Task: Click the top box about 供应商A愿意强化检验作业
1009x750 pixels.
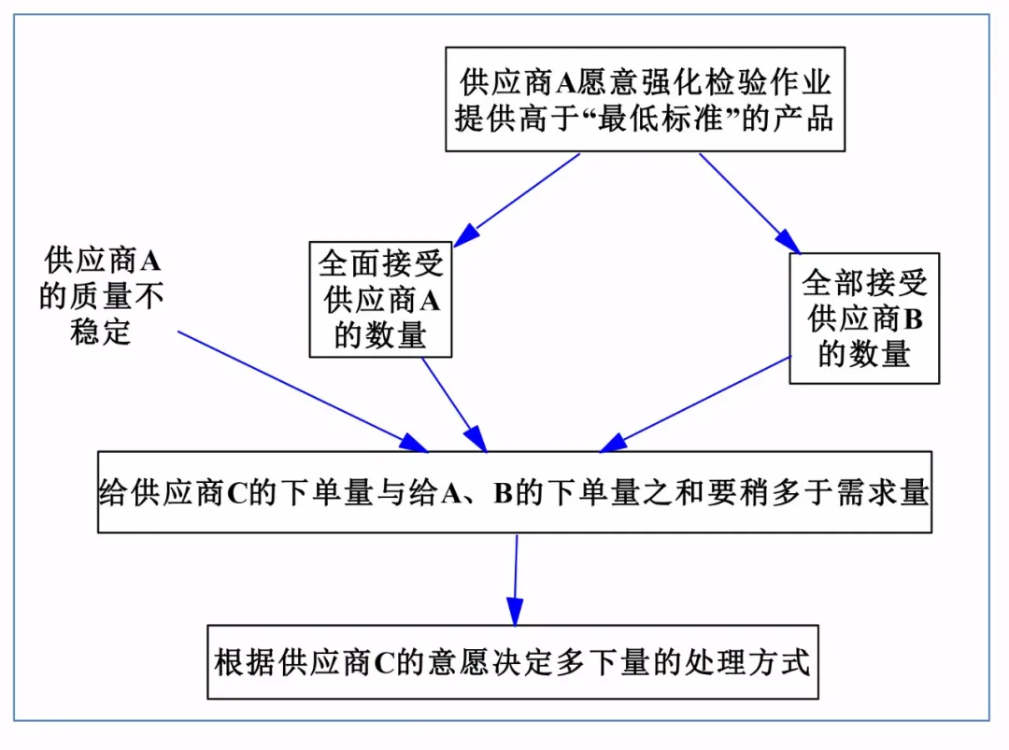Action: tap(645, 100)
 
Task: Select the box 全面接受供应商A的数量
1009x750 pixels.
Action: tap(380, 298)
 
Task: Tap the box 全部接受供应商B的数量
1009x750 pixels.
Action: tap(863, 318)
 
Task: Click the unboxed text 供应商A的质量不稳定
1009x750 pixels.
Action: tap(102, 295)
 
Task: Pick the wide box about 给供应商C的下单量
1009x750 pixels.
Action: tap(514, 492)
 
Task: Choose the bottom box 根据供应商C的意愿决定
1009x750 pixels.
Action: tap(512, 662)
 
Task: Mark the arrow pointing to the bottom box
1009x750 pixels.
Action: tap(515, 579)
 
